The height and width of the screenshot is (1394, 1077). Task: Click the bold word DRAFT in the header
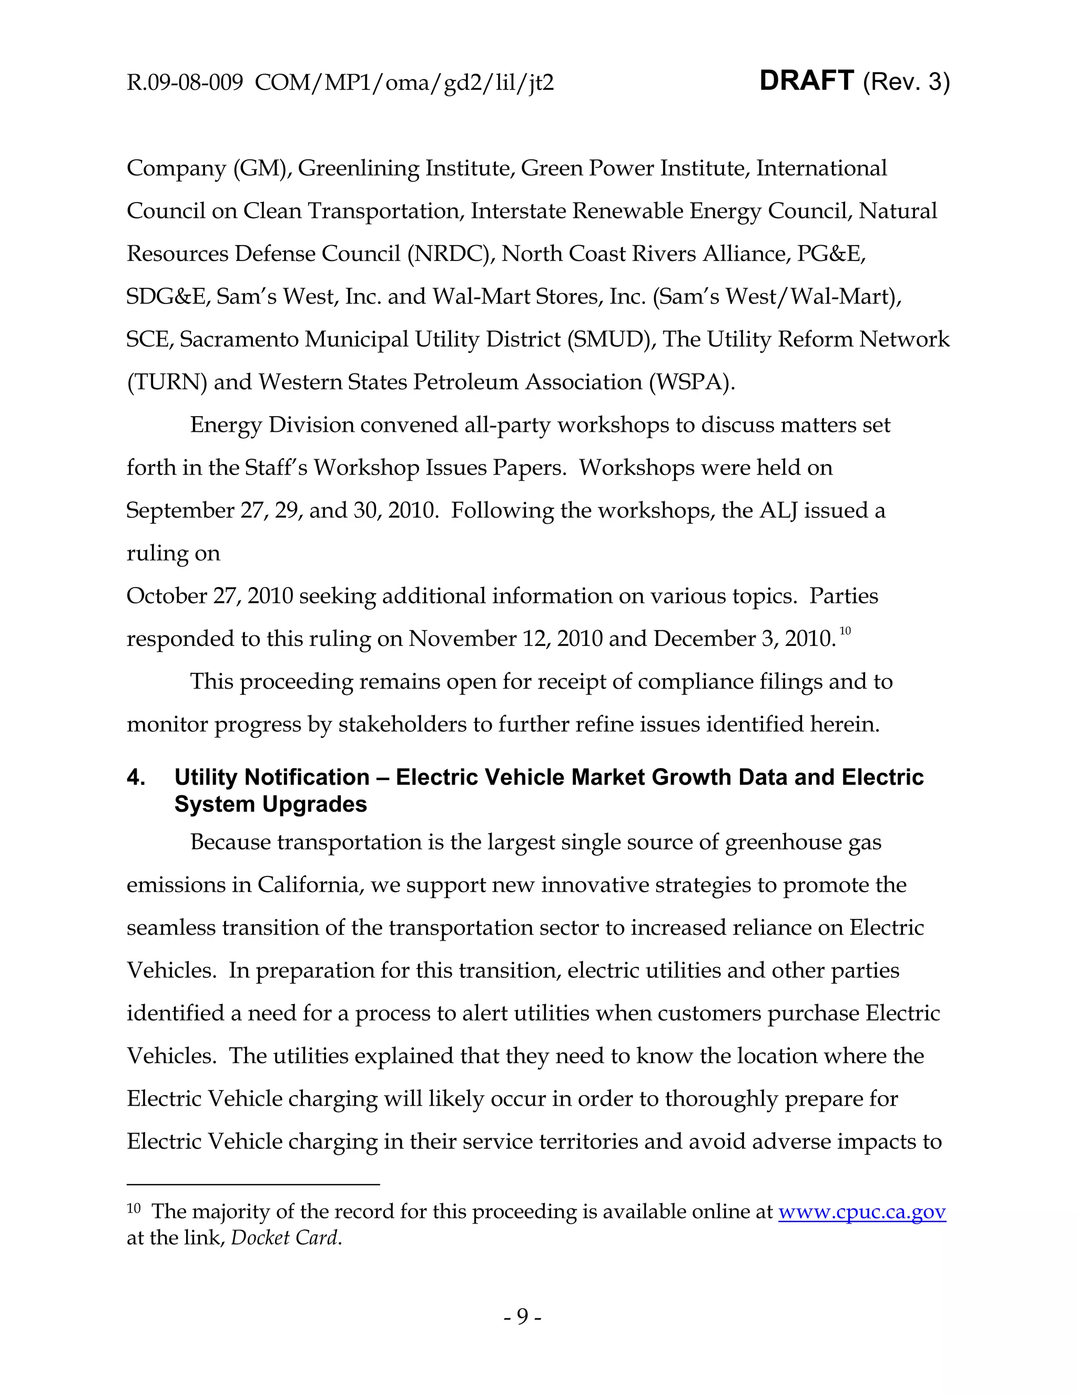coord(807,81)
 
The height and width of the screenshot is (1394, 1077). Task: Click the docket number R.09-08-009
coord(185,83)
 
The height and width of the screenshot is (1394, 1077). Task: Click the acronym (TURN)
coord(167,382)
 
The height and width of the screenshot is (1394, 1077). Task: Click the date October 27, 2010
coord(209,596)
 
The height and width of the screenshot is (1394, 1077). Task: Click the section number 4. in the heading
coord(135,777)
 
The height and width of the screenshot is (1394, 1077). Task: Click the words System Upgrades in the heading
coord(270,804)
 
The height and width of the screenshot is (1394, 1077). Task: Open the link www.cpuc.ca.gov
coord(862,1211)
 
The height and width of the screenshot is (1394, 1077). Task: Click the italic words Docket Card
coord(285,1238)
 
